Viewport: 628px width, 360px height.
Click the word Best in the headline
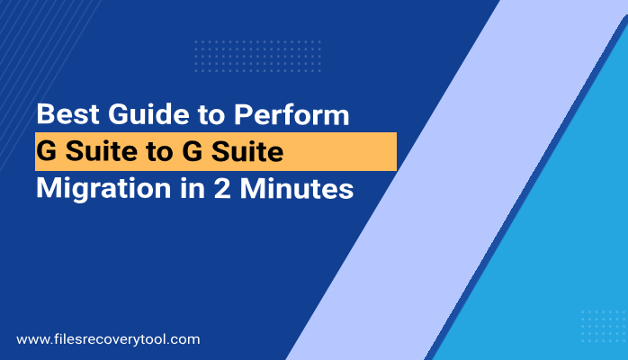64,115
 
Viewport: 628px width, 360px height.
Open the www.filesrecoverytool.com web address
108,340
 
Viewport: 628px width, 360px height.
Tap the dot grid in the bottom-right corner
604,326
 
